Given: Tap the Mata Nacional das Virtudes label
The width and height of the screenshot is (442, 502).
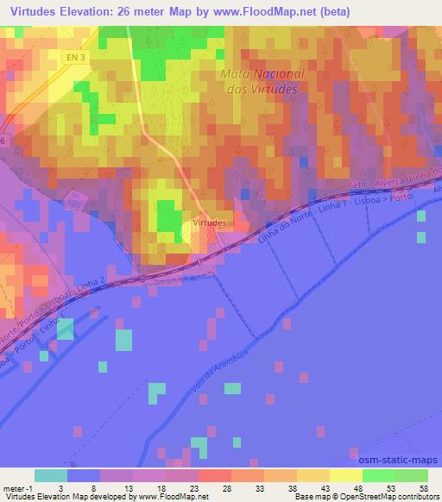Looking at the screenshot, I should (x=258, y=81).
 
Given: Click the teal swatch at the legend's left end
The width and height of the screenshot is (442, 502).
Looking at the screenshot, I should (x=50, y=475).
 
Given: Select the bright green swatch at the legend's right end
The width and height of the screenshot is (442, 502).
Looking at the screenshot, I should (x=411, y=475).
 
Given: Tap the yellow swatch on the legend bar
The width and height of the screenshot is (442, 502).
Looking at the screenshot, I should (x=345, y=475).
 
